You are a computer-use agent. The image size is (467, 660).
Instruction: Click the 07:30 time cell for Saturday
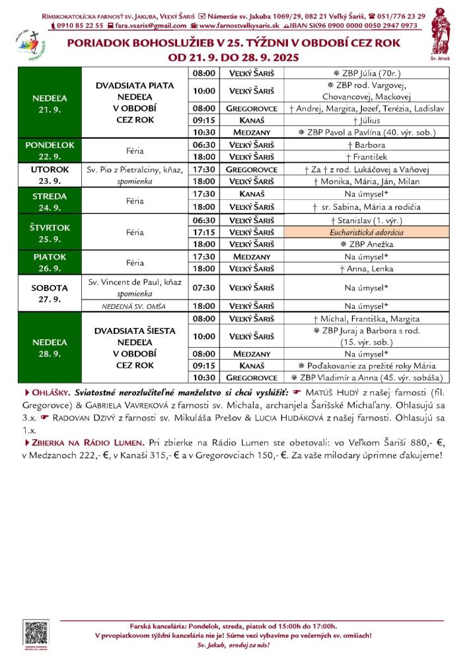click(x=203, y=287)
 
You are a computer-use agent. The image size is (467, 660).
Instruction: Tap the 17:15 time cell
click(x=203, y=233)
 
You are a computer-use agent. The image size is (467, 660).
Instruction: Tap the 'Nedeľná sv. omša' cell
click(x=134, y=306)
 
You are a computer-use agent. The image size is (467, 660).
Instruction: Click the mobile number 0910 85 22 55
click(x=79, y=26)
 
